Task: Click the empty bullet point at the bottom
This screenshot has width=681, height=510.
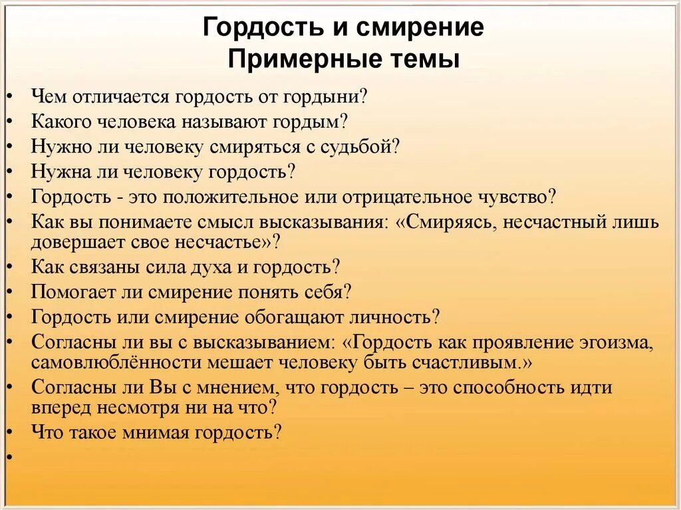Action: click(11, 457)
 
